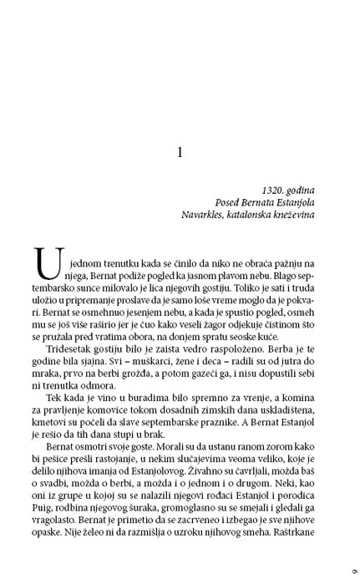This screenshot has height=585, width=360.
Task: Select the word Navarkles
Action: click(204, 214)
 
